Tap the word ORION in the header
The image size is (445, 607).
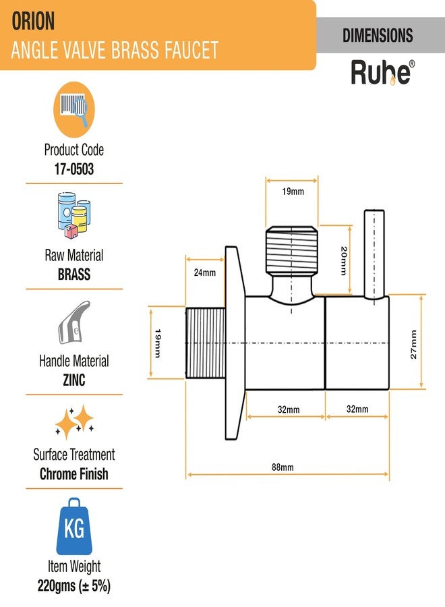33,22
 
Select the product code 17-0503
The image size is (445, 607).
74,169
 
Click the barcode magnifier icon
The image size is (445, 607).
74,109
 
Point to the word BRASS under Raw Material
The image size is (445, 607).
74,274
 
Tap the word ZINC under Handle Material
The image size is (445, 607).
74,380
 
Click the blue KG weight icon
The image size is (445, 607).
74,527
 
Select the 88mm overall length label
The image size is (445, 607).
283,467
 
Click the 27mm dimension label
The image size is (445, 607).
414,345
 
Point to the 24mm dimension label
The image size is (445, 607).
205,272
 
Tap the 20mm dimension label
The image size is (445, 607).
343,261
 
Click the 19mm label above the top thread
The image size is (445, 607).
293,192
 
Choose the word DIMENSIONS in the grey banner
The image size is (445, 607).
378,35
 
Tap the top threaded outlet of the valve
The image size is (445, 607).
292,250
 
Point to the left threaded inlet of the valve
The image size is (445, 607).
206,343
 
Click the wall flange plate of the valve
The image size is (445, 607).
235,343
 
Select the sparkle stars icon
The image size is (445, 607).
74,422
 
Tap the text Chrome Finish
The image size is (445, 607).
74,474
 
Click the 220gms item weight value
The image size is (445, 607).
74,585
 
